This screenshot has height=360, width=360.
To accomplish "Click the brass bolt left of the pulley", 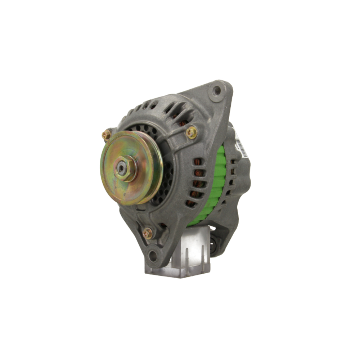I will pyautogui.click(x=106, y=135).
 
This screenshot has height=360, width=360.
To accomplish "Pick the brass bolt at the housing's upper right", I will pyautogui.click(x=192, y=133).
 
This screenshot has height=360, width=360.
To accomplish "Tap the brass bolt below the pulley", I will pyautogui.click(x=148, y=233).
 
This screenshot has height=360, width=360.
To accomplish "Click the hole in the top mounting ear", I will pyautogui.click(x=216, y=90).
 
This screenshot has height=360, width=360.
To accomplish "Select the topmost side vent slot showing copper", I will pyautogui.click(x=197, y=162).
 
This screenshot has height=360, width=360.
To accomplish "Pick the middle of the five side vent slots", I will pyautogui.click(x=197, y=184).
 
